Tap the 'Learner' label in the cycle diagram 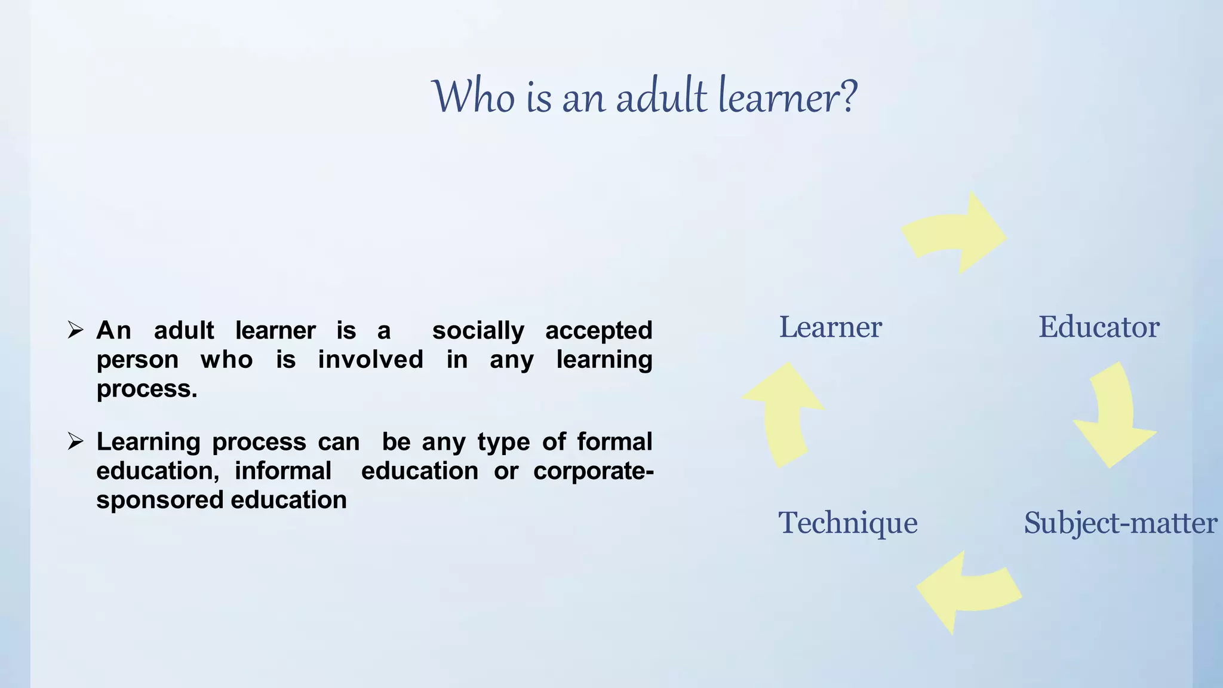(x=830, y=327)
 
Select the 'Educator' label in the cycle (x=1099, y=327)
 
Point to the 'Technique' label (x=847, y=523)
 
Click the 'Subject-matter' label (x=1120, y=523)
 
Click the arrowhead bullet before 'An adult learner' (x=75, y=330)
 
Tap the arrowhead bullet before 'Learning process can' (x=75, y=441)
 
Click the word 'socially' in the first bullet (x=478, y=331)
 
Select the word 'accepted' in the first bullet (x=598, y=331)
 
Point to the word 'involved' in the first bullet (x=370, y=360)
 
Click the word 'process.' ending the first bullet (x=147, y=389)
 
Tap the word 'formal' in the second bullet (x=614, y=442)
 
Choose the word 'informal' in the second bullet (x=282, y=471)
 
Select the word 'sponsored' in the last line (x=159, y=500)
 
